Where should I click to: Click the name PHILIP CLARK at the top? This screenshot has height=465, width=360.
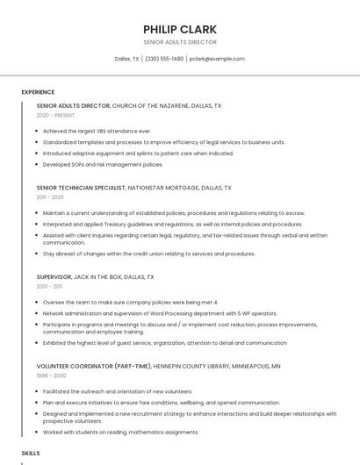tap(179, 29)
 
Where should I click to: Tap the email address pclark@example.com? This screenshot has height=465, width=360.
tap(216, 59)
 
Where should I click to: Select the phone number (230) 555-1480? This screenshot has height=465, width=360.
tap(164, 59)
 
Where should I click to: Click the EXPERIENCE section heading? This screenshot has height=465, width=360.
tap(38, 92)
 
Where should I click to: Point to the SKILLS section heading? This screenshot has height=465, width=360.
tap(31, 453)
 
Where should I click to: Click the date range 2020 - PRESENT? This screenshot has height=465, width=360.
tap(55, 115)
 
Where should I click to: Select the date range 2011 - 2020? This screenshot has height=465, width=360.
tap(50, 197)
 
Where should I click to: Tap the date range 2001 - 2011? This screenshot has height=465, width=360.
tap(49, 286)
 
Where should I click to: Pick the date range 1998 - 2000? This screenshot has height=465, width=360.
tap(51, 375)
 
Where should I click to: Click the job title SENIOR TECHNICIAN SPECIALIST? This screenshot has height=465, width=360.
tap(81, 188)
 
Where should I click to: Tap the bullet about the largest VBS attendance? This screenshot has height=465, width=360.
tap(97, 131)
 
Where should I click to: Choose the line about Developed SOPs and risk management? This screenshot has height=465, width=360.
tap(103, 164)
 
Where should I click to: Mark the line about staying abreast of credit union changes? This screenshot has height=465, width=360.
tap(148, 254)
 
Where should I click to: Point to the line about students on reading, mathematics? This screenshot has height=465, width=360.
tap(120, 432)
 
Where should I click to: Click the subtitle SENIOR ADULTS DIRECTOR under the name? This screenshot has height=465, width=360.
tap(179, 42)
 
